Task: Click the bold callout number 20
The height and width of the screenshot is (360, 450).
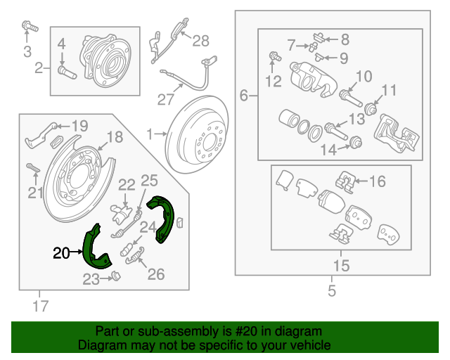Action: [62, 252]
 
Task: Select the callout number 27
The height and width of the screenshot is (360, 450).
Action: [165, 99]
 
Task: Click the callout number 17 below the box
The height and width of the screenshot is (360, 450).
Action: [40, 306]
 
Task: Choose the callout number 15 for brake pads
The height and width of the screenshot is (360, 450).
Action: [341, 266]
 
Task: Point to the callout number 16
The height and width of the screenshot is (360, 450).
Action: [378, 182]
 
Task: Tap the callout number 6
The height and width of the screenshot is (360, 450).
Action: [244, 96]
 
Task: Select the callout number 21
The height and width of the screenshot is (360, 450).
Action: [36, 193]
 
